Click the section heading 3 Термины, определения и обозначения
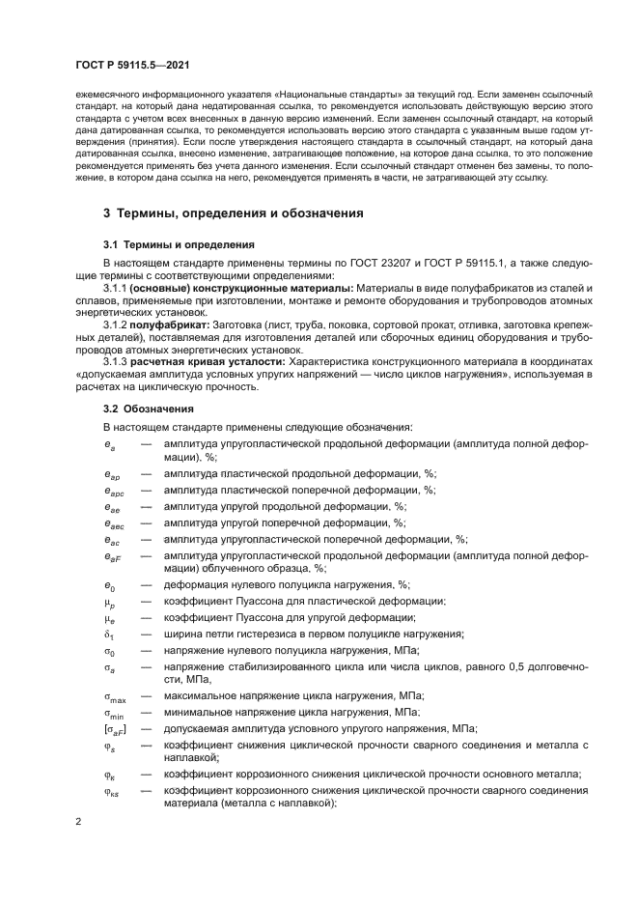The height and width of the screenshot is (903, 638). pos(233,213)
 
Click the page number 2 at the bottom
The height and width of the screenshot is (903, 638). pos(78,823)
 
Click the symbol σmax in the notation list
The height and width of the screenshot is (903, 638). pos(115,695)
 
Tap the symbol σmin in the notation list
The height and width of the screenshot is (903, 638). pos(114,712)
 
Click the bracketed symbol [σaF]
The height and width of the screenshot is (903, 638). pos(115,728)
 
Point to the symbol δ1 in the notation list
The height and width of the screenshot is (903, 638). pos(109,634)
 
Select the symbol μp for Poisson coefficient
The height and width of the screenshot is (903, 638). pos(110,601)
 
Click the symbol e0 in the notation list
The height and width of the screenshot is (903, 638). pos(109,584)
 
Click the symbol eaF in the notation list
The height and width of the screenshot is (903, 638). pos(112,556)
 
